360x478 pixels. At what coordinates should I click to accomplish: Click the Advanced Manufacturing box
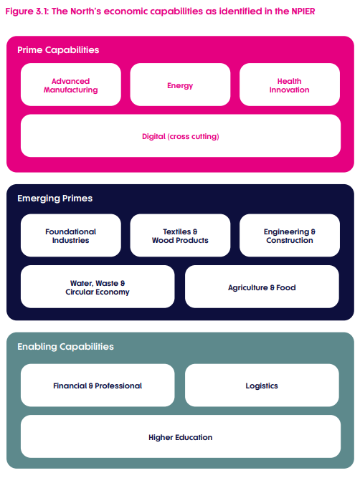[x=71, y=85]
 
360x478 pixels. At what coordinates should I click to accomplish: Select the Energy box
[x=180, y=85]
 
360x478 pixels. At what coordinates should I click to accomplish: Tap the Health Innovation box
[x=290, y=85]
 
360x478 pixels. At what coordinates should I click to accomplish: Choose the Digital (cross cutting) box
[x=181, y=136]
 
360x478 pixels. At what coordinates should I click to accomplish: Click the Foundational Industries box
[x=71, y=235]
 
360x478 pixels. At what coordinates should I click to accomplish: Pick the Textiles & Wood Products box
[x=180, y=235]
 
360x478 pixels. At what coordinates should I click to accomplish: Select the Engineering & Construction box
[x=290, y=235]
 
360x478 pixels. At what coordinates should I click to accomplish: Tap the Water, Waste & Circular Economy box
[x=98, y=287]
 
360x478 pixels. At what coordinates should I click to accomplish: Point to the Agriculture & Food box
[x=262, y=287]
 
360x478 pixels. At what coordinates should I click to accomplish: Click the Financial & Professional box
[x=98, y=386]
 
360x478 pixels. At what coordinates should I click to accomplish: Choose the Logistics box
[x=262, y=386]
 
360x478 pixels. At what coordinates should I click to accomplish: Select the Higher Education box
[x=181, y=436]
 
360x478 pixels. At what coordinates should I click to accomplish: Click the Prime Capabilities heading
[x=58, y=50]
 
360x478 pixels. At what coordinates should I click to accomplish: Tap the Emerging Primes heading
[x=55, y=199]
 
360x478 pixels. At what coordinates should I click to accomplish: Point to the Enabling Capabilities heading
[x=65, y=347]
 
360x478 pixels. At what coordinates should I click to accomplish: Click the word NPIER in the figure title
[x=303, y=11]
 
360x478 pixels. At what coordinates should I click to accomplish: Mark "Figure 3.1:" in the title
[x=27, y=11]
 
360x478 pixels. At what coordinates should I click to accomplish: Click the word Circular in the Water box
[x=80, y=292]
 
